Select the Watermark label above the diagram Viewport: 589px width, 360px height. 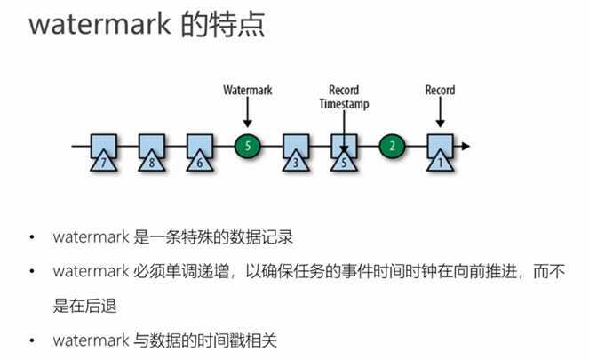(248, 90)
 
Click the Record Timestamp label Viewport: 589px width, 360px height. (344, 97)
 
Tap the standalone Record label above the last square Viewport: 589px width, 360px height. (440, 90)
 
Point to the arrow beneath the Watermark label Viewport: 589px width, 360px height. (248, 113)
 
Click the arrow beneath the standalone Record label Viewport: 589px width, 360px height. (440, 113)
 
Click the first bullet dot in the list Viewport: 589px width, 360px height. (32, 238)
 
